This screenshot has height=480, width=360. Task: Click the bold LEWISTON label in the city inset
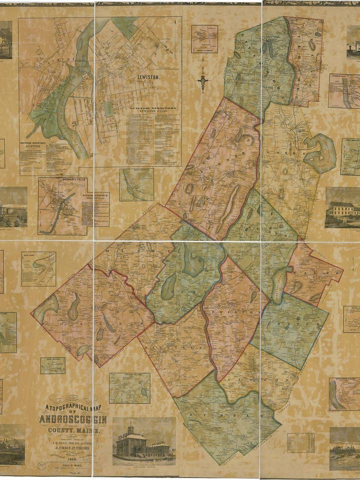(148, 78)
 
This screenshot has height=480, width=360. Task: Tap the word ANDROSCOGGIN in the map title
(72, 418)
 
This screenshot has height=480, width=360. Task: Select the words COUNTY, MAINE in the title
(73, 430)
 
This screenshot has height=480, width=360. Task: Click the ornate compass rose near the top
(203, 79)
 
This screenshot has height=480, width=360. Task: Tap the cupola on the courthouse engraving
(130, 428)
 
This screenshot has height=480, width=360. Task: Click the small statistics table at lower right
(300, 442)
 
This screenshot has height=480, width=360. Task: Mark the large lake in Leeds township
(320, 153)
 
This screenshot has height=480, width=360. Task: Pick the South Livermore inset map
(204, 39)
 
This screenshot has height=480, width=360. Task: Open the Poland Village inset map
(129, 388)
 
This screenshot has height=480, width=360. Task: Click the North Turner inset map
(136, 184)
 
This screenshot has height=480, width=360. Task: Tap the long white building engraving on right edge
(343, 207)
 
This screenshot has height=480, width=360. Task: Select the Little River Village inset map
(344, 394)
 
